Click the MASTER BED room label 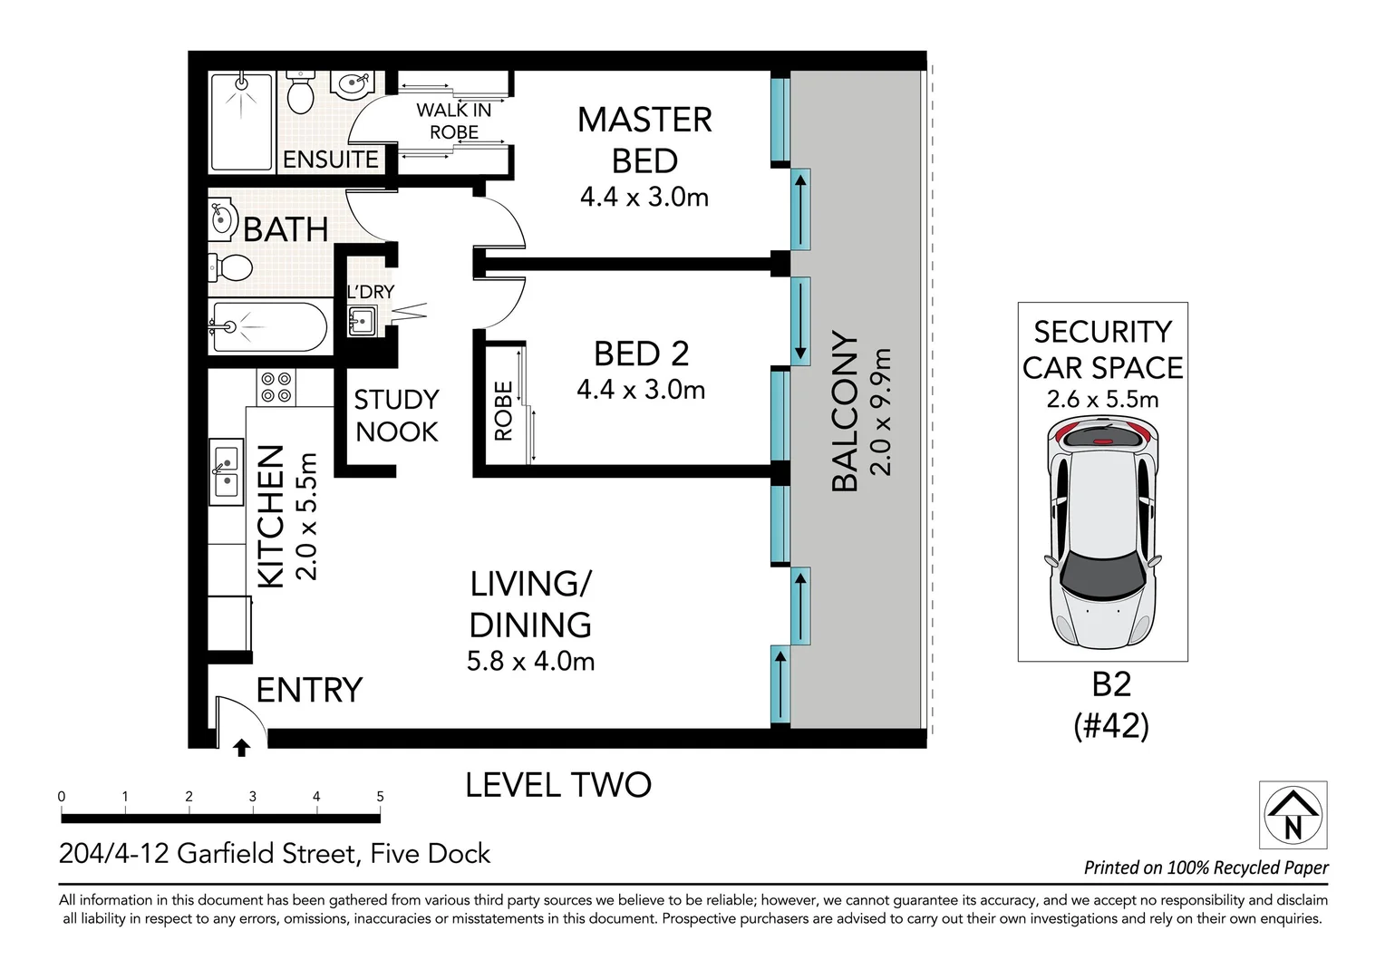coord(644,140)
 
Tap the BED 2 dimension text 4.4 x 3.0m coord(641,390)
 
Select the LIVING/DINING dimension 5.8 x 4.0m coord(530,661)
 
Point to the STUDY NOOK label coord(396,415)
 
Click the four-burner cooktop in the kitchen coord(276,387)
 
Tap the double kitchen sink coord(227,471)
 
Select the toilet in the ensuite coord(301,92)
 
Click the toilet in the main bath coord(230,267)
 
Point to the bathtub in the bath coord(267,327)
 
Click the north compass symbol coord(1293,815)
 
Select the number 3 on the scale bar coord(252,797)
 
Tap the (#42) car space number coord(1111,725)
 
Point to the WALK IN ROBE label coord(454,121)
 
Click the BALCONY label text coord(845,411)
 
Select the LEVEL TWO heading coord(558,785)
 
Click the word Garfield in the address coord(226,854)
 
